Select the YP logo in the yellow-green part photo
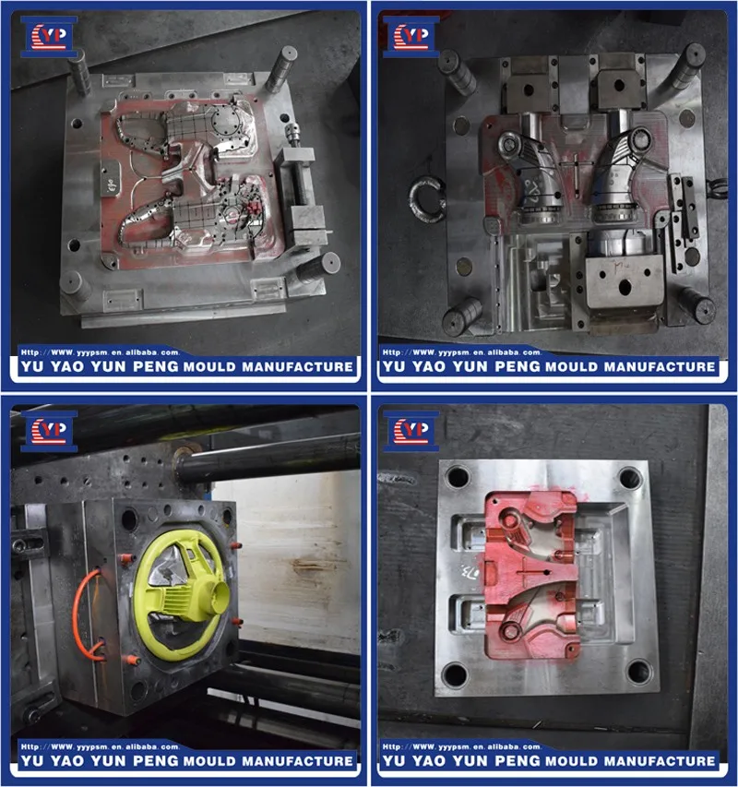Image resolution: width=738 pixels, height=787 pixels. (49, 428)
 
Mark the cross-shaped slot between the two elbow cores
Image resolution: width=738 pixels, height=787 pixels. (576, 171)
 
